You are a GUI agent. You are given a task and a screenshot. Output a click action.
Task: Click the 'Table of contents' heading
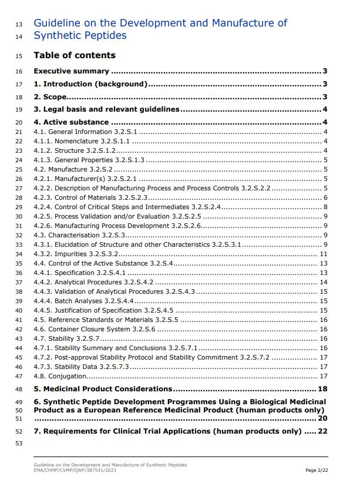pos(75,55)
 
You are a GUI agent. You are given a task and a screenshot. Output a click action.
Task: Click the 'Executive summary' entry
pos(71,72)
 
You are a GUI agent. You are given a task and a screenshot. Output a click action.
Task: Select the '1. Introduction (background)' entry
pos(90,84)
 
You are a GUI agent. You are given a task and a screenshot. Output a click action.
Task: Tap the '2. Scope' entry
pos(50,97)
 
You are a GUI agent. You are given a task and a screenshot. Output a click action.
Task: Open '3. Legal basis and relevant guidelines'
pos(106,109)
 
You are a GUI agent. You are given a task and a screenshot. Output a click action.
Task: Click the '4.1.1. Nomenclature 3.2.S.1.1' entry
pos(82,141)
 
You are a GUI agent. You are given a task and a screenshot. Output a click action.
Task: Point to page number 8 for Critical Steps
pos(325,207)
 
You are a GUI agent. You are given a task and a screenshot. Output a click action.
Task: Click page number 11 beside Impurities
pos(323,254)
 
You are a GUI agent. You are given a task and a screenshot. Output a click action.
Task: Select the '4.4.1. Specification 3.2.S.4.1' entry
pos(80,273)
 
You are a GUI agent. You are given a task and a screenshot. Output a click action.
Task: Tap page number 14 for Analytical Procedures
pos(323,282)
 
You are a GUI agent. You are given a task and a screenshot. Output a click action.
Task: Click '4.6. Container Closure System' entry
pos(95,329)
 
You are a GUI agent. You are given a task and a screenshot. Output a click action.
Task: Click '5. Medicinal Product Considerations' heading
pos(103,389)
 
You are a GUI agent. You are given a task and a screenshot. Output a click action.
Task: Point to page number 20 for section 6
pos(322,418)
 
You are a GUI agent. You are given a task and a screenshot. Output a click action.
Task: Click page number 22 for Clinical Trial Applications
pos(322,431)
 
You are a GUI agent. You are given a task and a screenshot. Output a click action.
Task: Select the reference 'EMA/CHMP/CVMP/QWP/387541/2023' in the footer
pos(75,470)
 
